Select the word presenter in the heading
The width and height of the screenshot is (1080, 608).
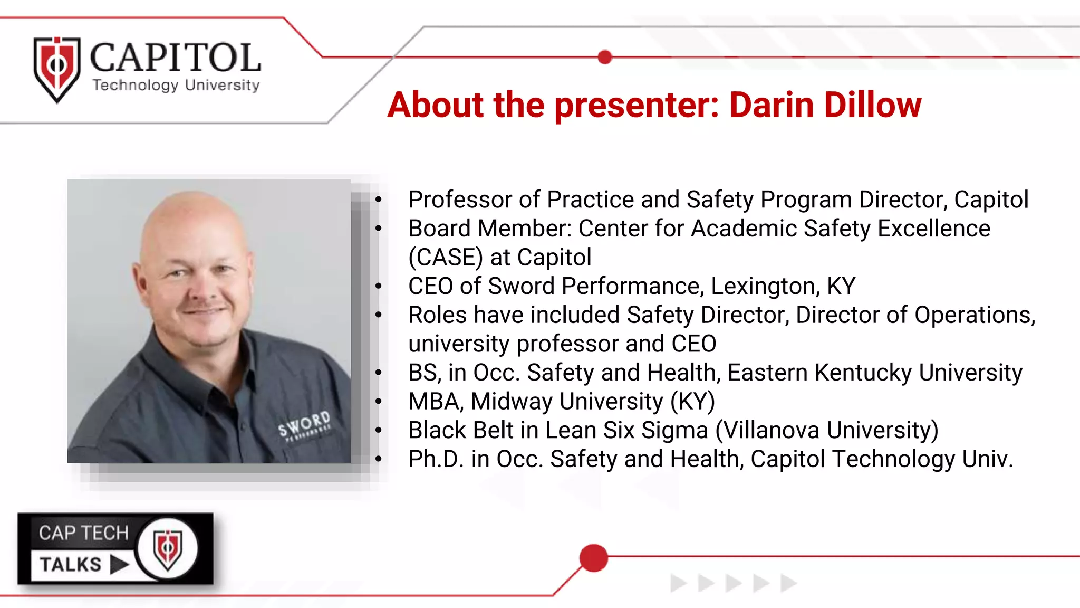pos(637,104)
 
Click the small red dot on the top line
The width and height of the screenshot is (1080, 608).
pos(605,57)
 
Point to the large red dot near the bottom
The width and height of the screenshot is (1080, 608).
pos(594,558)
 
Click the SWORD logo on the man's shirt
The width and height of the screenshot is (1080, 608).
pos(305,424)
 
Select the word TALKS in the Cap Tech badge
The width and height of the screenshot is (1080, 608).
pos(71,565)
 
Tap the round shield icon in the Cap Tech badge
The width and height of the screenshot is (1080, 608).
pos(167,549)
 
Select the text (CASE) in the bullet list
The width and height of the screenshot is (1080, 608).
pos(446,258)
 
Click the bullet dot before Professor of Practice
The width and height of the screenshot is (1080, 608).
pos(378,200)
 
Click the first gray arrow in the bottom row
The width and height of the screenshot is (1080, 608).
pos(678,583)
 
